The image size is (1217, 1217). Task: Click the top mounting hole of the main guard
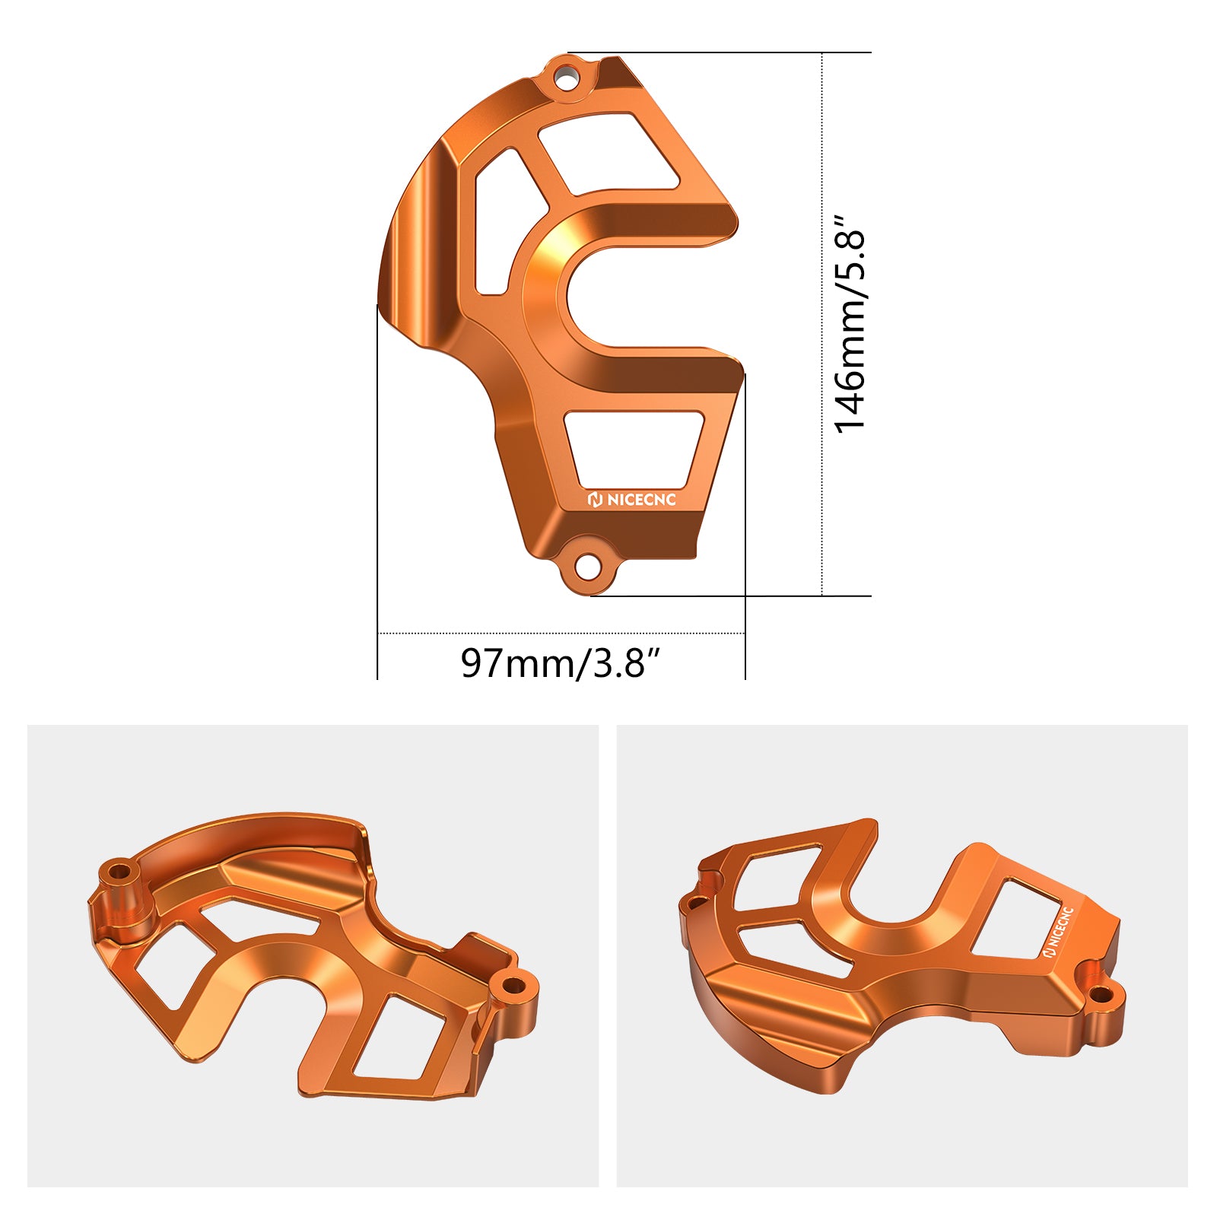point(564,78)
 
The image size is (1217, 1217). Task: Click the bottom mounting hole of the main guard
point(586,566)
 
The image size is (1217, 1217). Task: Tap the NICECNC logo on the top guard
point(631,500)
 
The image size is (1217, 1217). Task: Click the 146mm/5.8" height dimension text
point(850,323)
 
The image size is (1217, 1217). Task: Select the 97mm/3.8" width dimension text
point(563,663)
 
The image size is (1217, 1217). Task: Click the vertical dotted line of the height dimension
point(822,323)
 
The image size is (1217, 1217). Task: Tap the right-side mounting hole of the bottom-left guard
point(514,987)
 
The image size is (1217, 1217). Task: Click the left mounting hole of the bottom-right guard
point(697,903)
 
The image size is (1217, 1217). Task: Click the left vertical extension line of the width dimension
point(378,494)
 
